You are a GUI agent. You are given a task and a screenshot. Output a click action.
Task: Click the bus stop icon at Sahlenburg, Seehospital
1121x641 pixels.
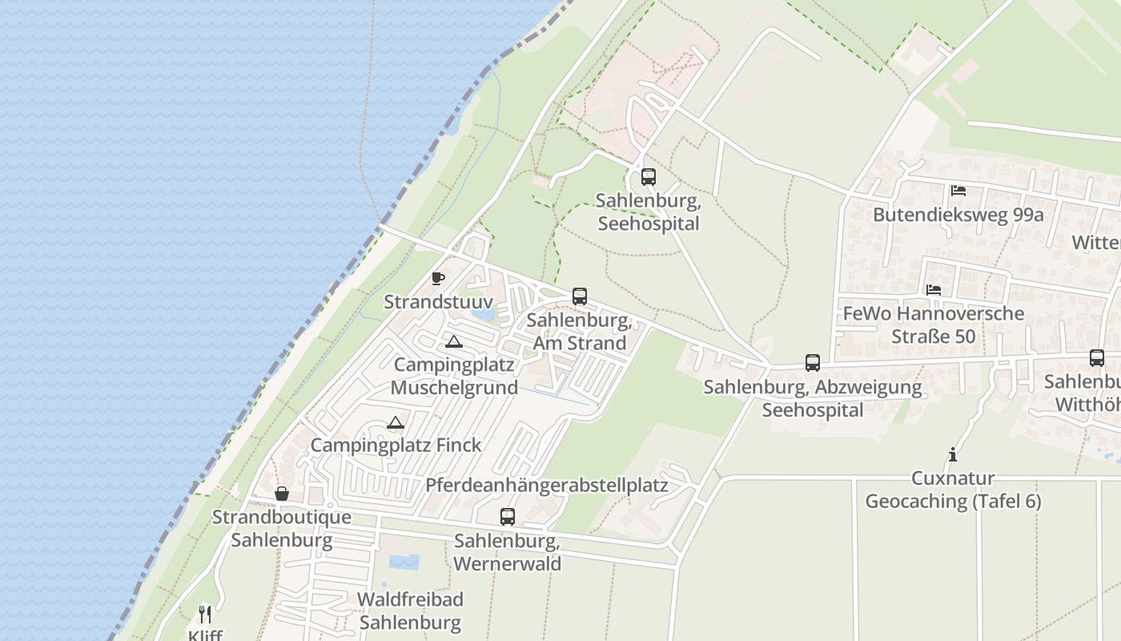click(649, 177)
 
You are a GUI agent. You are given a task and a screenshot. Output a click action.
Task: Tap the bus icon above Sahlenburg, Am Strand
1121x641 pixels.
click(580, 296)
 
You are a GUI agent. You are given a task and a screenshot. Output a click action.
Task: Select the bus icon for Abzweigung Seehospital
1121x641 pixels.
click(813, 363)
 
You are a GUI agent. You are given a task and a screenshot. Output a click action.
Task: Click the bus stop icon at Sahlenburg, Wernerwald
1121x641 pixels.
click(508, 517)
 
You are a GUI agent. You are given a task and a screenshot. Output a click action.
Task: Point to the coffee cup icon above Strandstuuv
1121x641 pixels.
click(438, 278)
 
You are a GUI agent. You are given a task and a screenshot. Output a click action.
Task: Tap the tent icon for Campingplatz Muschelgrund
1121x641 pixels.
click(454, 342)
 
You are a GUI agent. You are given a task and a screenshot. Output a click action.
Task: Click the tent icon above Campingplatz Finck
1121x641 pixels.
click(395, 422)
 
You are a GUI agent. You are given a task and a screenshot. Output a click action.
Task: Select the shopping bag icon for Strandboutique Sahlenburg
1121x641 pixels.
click(282, 494)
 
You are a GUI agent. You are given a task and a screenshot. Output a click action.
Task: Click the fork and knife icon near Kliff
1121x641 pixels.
click(205, 615)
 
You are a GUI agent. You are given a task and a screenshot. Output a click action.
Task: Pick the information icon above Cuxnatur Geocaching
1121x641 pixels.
click(953, 454)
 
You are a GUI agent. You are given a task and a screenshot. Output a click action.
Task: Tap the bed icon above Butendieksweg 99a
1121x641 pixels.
click(958, 191)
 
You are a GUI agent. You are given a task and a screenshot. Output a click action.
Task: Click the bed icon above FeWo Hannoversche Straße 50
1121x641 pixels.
click(934, 289)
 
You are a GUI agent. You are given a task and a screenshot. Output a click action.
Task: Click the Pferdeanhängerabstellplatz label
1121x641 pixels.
click(547, 486)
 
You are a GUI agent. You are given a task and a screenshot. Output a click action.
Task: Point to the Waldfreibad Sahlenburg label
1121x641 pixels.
click(410, 611)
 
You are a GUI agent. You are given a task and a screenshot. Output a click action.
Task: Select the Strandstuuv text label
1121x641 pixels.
click(437, 302)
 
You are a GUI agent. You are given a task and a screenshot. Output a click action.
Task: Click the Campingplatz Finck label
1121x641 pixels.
click(396, 445)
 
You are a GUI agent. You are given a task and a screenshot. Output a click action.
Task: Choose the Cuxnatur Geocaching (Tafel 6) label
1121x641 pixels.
click(953, 490)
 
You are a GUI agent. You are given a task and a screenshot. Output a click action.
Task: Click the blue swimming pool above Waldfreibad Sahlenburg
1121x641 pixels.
click(404, 562)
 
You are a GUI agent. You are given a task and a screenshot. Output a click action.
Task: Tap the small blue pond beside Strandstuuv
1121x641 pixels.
click(484, 314)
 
